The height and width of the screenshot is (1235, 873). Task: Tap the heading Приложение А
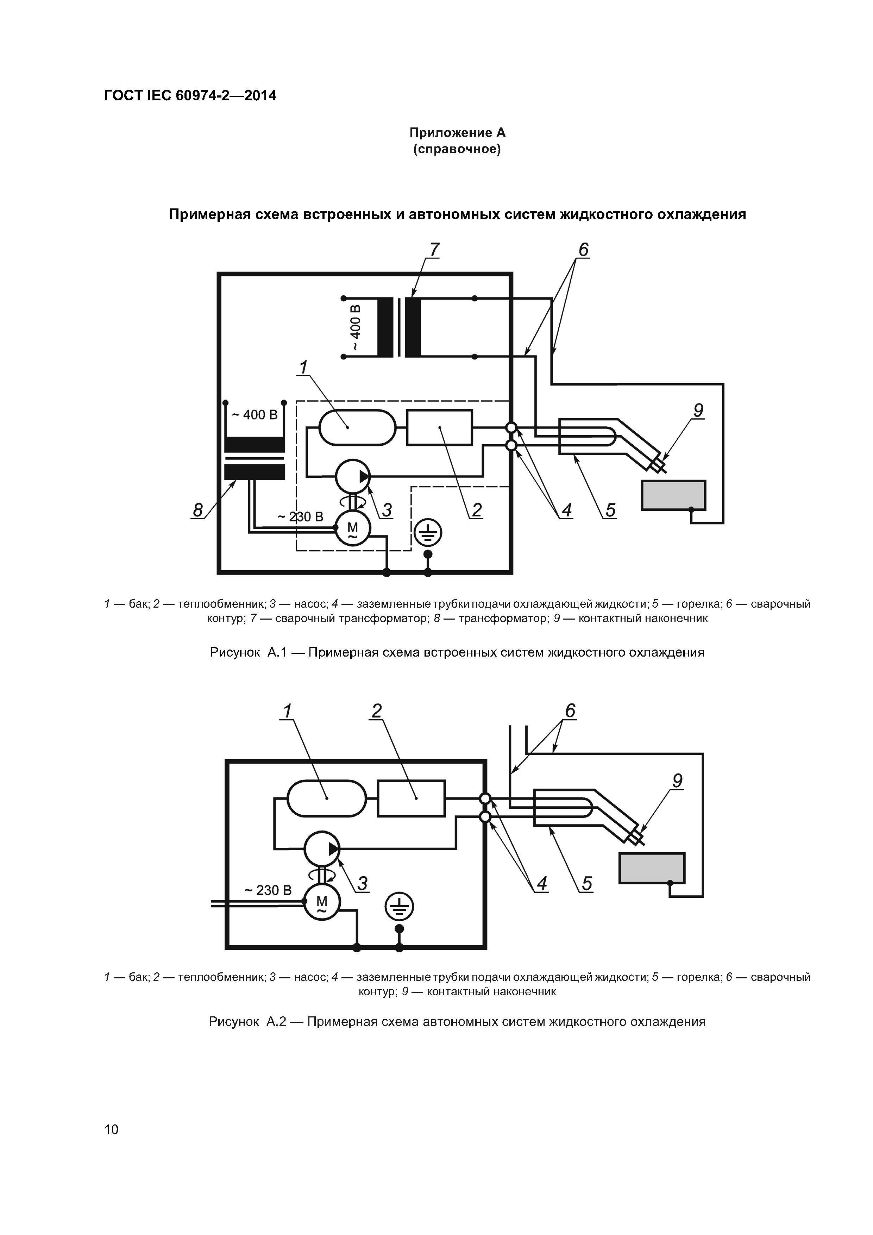(x=457, y=132)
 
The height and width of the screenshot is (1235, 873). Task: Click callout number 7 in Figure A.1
(x=434, y=250)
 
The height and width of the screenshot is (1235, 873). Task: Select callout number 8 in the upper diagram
(x=198, y=509)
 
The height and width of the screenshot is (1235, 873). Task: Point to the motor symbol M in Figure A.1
(x=352, y=528)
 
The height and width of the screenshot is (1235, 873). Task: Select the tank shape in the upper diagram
(x=357, y=428)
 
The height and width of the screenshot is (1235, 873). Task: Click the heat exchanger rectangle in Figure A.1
(x=439, y=428)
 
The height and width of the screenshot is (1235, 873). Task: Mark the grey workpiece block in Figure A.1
(x=673, y=495)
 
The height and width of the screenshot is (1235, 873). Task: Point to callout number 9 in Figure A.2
(x=677, y=781)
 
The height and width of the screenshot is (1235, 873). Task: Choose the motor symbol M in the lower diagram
(x=322, y=902)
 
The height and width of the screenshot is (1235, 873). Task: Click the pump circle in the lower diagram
(x=322, y=848)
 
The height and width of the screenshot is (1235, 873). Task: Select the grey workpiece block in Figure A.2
(x=652, y=868)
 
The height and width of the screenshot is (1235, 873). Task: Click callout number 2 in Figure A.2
(x=377, y=711)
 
